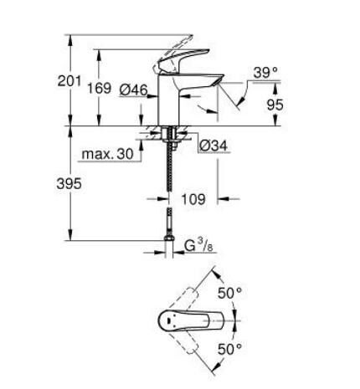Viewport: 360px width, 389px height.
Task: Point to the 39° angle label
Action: click(265, 74)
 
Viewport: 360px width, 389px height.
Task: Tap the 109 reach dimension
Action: click(193, 199)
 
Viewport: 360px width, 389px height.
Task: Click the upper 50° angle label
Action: click(232, 294)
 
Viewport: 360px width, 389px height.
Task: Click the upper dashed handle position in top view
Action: click(197, 297)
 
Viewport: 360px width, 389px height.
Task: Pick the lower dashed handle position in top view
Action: click(197, 343)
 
